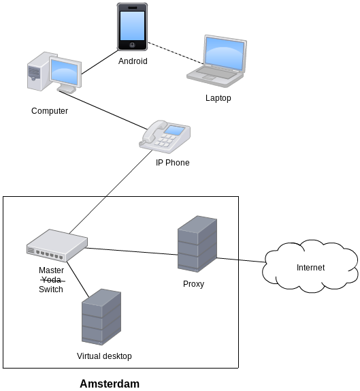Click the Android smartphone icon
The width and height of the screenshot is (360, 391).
pyautogui.click(x=132, y=27)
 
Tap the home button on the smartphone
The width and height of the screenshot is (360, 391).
pyautogui.click(x=132, y=45)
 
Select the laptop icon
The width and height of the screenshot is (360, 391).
pyautogui.click(x=216, y=61)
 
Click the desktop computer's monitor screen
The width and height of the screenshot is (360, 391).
pyautogui.click(x=65, y=72)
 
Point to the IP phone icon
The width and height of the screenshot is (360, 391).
pyautogui.click(x=165, y=137)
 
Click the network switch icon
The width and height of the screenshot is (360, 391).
pyautogui.click(x=57, y=246)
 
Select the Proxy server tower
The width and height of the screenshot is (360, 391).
pyautogui.click(x=197, y=244)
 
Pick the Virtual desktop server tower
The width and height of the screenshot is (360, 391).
pyautogui.click(x=101, y=317)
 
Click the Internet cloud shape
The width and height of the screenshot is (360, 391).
pyautogui.click(x=310, y=266)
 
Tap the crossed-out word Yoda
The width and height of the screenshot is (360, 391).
pyautogui.click(x=52, y=280)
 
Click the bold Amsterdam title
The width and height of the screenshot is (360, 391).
pyautogui.click(x=110, y=384)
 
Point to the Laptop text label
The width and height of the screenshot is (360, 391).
pyautogui.click(x=218, y=98)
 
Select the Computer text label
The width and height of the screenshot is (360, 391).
pyautogui.click(x=50, y=111)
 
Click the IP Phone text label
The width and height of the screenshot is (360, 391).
pyautogui.click(x=173, y=163)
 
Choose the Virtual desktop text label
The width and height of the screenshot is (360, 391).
pyautogui.click(x=104, y=356)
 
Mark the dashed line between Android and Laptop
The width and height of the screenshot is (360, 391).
pyautogui.click(x=176, y=53)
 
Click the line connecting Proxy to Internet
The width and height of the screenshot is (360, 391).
pyautogui.click(x=241, y=260)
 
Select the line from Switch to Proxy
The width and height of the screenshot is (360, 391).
pyautogui.click(x=132, y=251)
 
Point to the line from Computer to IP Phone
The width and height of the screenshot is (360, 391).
pyautogui.click(x=103, y=110)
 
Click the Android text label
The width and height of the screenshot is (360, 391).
pyautogui.click(x=133, y=61)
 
